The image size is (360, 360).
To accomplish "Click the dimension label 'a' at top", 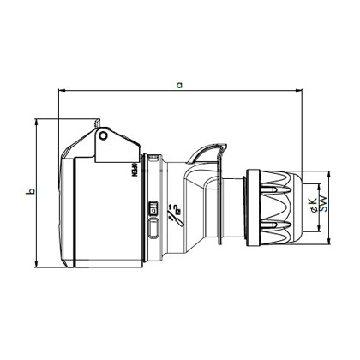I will pos(178,84).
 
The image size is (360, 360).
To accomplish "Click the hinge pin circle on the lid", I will pos(104,135).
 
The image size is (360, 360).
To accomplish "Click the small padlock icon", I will pos(153,209).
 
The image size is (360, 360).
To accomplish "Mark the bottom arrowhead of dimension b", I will pos(37,261).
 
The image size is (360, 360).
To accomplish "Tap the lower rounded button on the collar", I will pos(153,228).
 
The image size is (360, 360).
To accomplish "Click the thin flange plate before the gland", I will pos(225,206).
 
